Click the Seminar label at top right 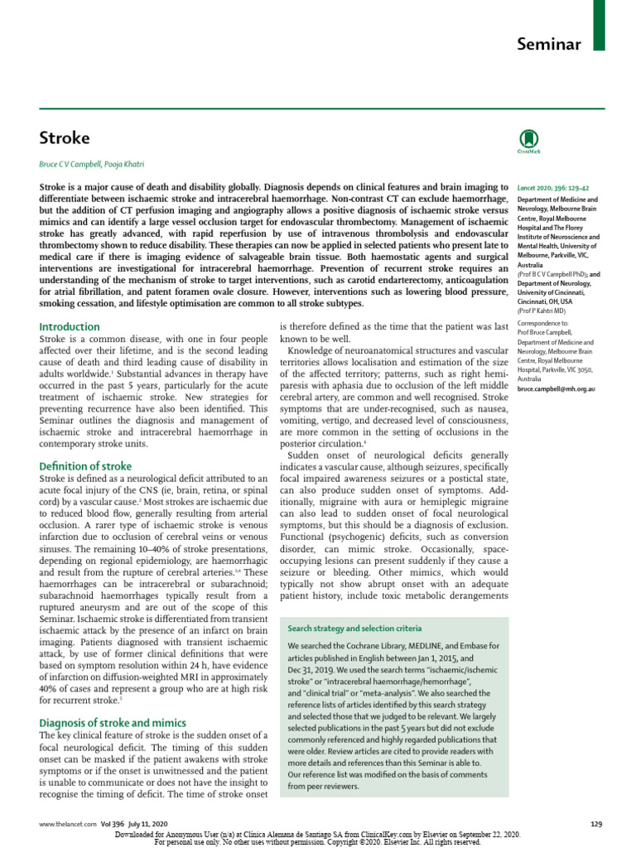coord(549,44)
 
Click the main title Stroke coord(65,137)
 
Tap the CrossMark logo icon coord(527,140)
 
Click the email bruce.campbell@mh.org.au coord(556,388)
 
